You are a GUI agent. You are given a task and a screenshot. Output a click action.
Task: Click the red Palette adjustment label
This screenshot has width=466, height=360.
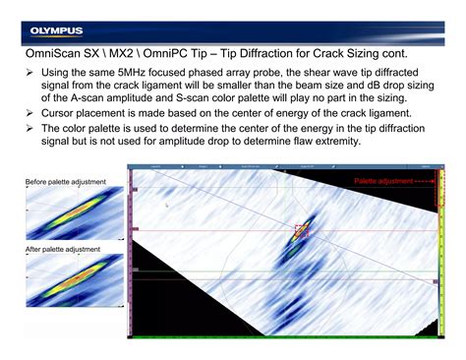385,182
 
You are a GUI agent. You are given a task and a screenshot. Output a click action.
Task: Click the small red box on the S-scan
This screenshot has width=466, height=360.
301,231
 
